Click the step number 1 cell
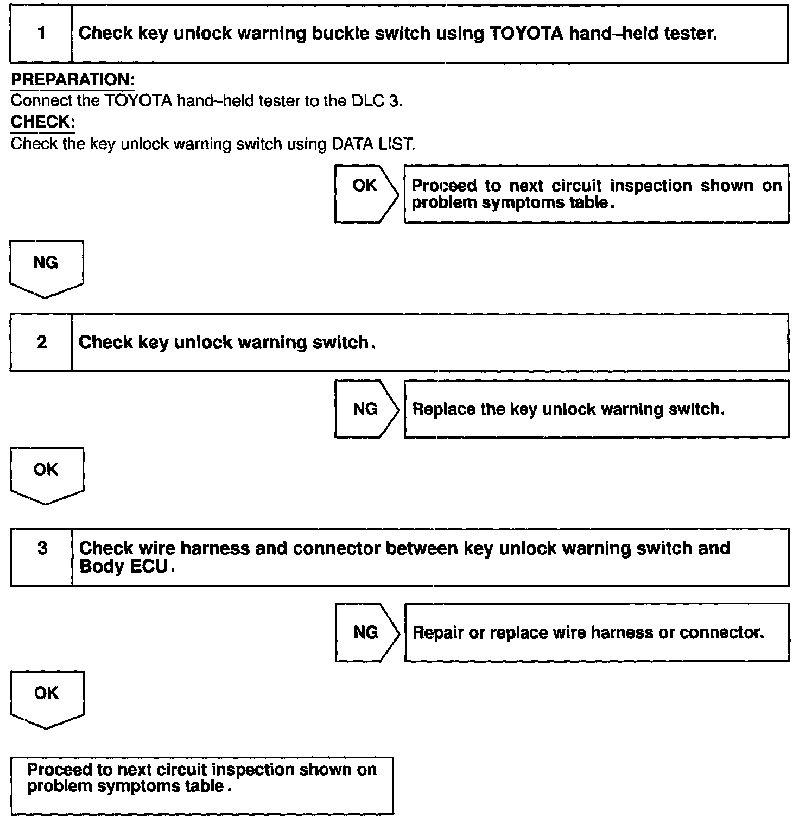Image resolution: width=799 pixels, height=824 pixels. tap(41, 34)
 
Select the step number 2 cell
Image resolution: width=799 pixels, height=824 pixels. tap(41, 343)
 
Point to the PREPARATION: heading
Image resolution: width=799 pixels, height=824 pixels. tap(73, 80)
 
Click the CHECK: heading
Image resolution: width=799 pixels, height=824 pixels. tap(43, 122)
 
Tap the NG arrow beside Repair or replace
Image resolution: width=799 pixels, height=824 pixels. tap(366, 633)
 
